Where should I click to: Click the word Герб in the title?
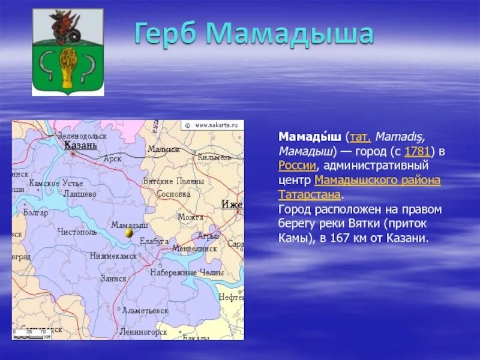[164, 34]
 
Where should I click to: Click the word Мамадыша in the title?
[290, 34]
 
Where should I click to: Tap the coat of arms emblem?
[68, 52]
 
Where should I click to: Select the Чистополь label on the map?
[77, 231]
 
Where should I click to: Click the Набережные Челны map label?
[178, 272]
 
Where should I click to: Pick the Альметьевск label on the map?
[145, 311]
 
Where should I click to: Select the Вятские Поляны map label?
[173, 181]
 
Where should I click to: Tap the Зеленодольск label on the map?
[82, 136]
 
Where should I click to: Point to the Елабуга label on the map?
[154, 241]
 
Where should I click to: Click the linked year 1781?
[418, 151]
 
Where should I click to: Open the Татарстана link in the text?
[309, 194]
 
